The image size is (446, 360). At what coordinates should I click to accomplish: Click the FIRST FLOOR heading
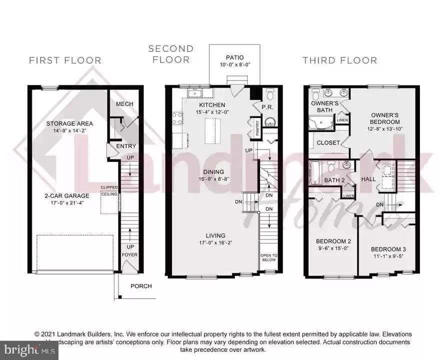click(x=65, y=60)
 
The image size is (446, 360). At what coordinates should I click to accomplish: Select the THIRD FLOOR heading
click(x=339, y=60)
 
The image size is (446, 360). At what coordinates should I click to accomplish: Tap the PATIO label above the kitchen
click(x=234, y=57)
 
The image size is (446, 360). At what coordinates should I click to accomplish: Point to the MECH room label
click(x=124, y=104)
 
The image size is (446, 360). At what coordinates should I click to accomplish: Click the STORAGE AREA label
click(x=69, y=123)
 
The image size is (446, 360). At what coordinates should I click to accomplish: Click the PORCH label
click(x=141, y=286)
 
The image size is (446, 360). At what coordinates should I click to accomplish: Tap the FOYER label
click(x=130, y=254)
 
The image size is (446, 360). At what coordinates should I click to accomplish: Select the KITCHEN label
click(x=212, y=105)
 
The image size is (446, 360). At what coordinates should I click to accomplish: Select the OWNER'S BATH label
click(x=325, y=106)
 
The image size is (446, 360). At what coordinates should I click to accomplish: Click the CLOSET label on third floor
click(x=328, y=143)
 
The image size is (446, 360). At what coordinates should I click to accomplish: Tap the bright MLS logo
click(x=29, y=351)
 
